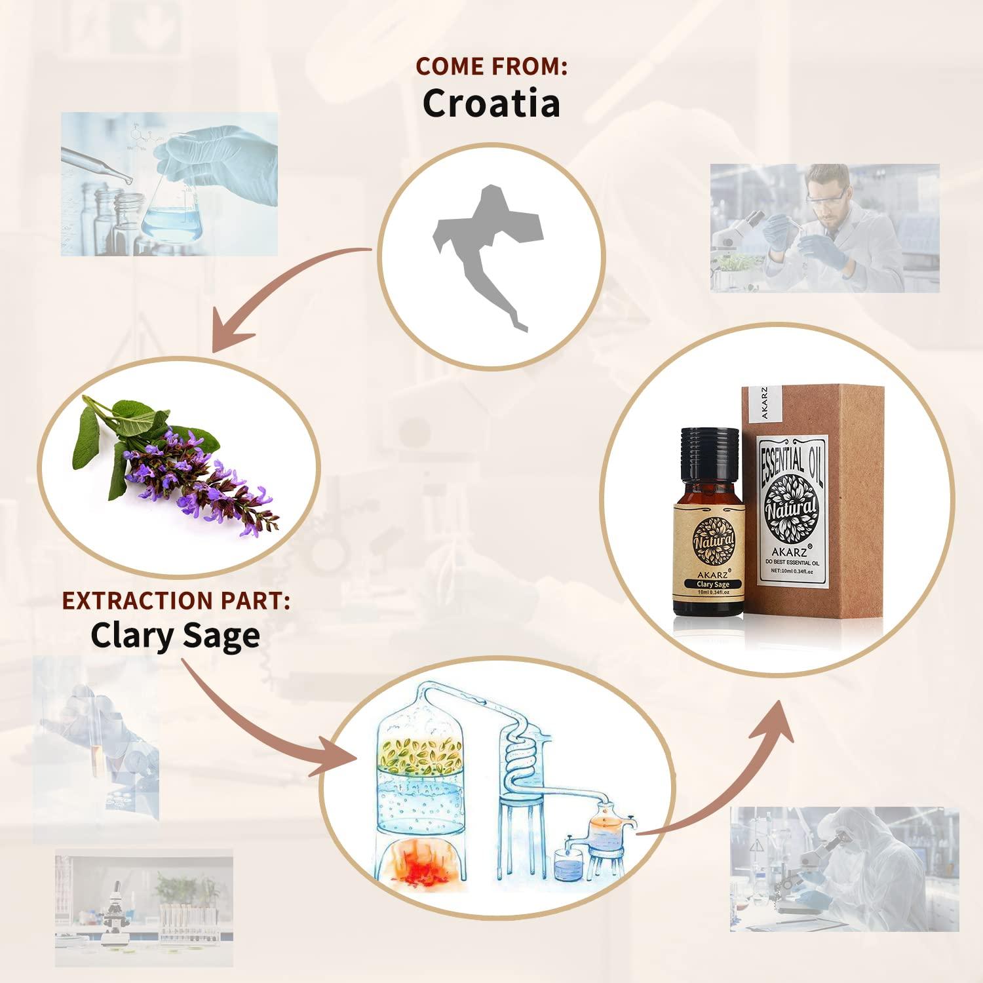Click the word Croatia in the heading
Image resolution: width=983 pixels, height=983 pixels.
click(x=491, y=104)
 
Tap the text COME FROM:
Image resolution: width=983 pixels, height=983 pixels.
click(x=491, y=66)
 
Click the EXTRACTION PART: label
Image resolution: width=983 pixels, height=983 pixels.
click(x=176, y=601)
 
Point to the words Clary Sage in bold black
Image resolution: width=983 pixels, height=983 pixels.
click(x=175, y=636)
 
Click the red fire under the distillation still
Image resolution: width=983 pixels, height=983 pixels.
click(x=422, y=864)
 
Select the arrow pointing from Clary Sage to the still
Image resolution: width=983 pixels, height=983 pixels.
click(x=262, y=727)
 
